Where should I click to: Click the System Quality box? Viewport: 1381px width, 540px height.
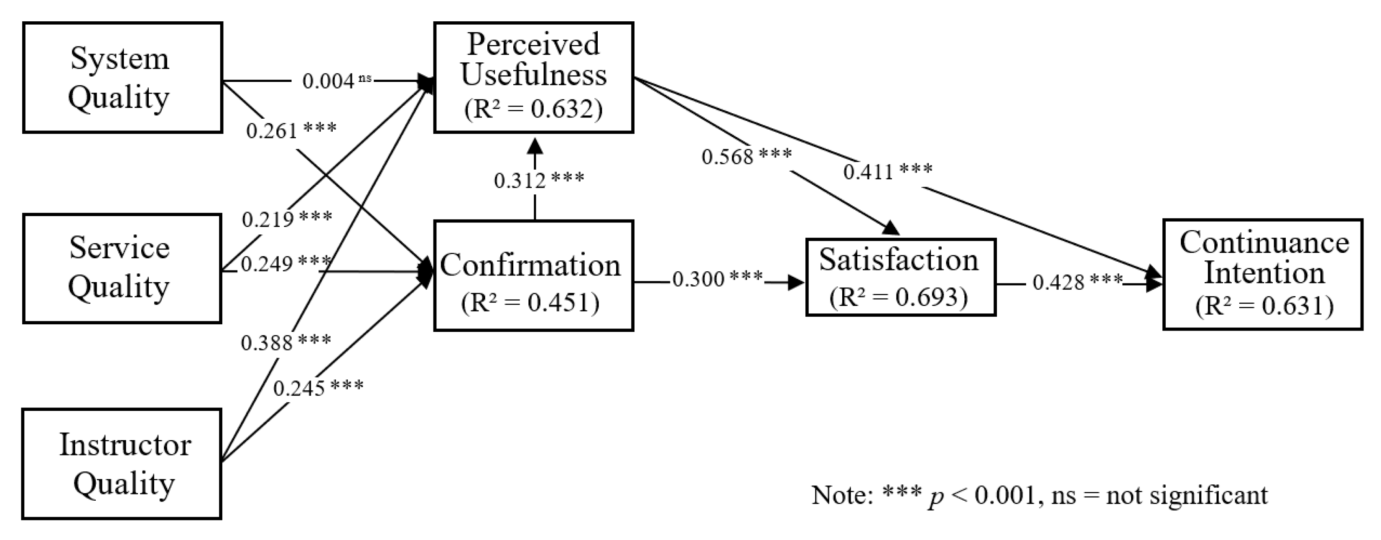coord(122,78)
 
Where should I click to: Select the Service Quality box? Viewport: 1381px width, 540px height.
coord(122,268)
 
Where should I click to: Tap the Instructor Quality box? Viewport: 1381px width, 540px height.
coord(122,464)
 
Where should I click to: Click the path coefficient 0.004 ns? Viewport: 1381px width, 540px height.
coord(336,81)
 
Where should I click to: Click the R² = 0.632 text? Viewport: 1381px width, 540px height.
coord(533,109)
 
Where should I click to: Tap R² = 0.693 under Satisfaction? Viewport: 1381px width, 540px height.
coord(899,297)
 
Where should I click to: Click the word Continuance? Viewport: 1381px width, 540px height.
coord(1264,242)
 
